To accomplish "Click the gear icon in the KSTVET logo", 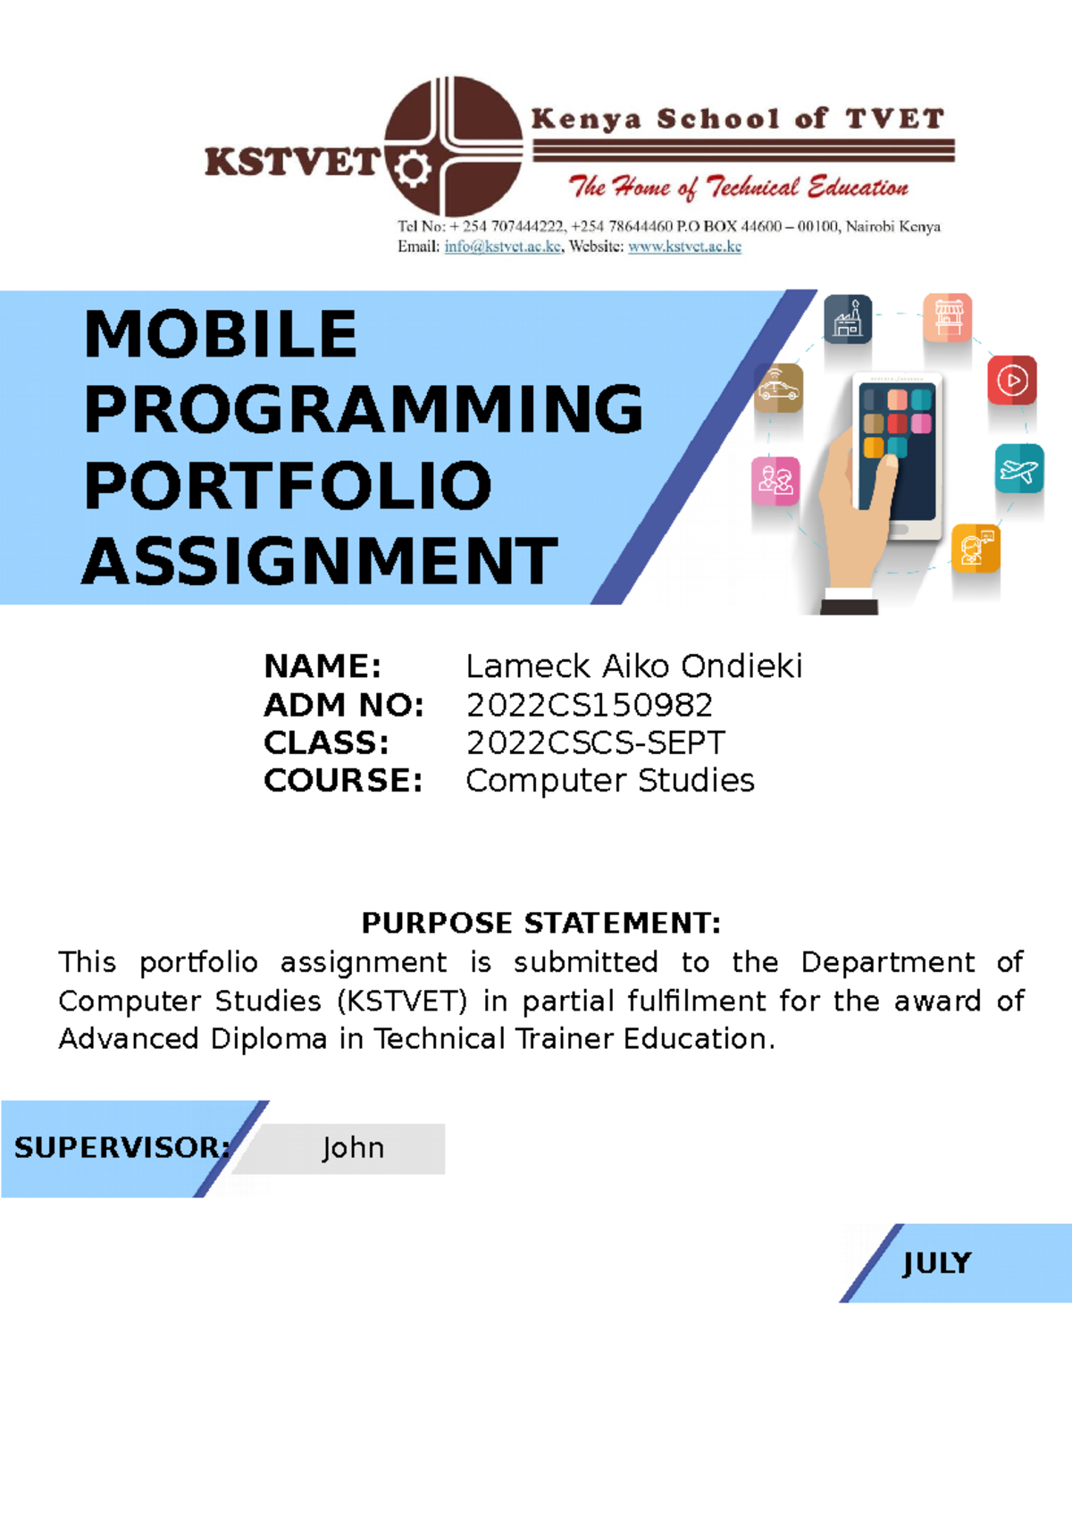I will (412, 168).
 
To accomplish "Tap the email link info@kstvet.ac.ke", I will (503, 247).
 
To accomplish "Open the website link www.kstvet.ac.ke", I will (684, 247).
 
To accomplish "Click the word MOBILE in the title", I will (221, 335).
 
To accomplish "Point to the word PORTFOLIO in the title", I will (288, 486).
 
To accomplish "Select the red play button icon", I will (1012, 381).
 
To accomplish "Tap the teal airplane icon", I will (1019, 468).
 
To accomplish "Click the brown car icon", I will (778, 389).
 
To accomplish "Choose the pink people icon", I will (775, 481).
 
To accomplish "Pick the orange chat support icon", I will (976, 548).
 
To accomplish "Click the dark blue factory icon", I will (847, 319).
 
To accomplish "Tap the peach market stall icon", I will (948, 317).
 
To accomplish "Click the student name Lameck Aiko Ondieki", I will (633, 666).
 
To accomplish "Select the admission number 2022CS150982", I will (590, 706).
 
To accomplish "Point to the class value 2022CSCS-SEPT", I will (595, 743).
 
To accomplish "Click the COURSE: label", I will (343, 781).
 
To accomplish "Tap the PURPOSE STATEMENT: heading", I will (540, 923).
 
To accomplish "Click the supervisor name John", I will (353, 1148).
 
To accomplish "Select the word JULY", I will (936, 1263).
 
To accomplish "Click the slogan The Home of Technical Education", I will (738, 188).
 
